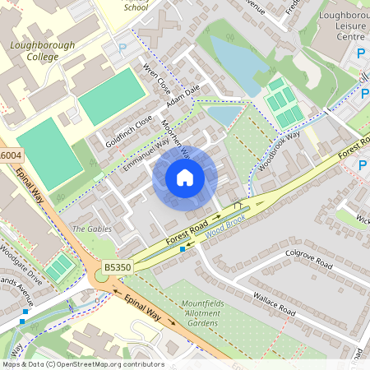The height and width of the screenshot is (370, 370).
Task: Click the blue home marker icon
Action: [x=185, y=178]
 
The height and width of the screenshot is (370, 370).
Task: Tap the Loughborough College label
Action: [x=43, y=52]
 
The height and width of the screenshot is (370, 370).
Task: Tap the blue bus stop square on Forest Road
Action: [x=183, y=248]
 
